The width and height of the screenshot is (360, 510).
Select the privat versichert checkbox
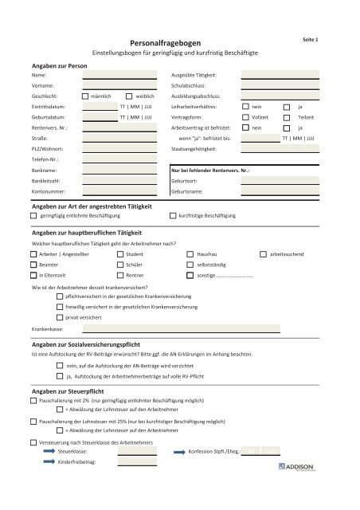click(x=60, y=316)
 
